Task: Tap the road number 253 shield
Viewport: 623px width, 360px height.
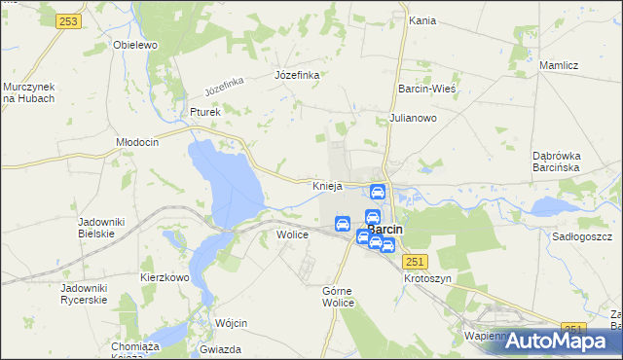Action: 68,21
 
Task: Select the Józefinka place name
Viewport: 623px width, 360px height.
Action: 298,75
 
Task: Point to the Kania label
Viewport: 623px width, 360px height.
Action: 421,19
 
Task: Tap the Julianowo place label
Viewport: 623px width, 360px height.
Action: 413,118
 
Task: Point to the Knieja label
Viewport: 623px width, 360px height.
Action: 326,185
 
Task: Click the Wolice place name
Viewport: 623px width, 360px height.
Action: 293,234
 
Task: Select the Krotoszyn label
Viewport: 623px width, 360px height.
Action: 428,277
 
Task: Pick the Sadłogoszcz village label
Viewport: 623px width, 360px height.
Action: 581,236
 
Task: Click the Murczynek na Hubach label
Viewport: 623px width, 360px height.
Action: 28,92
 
